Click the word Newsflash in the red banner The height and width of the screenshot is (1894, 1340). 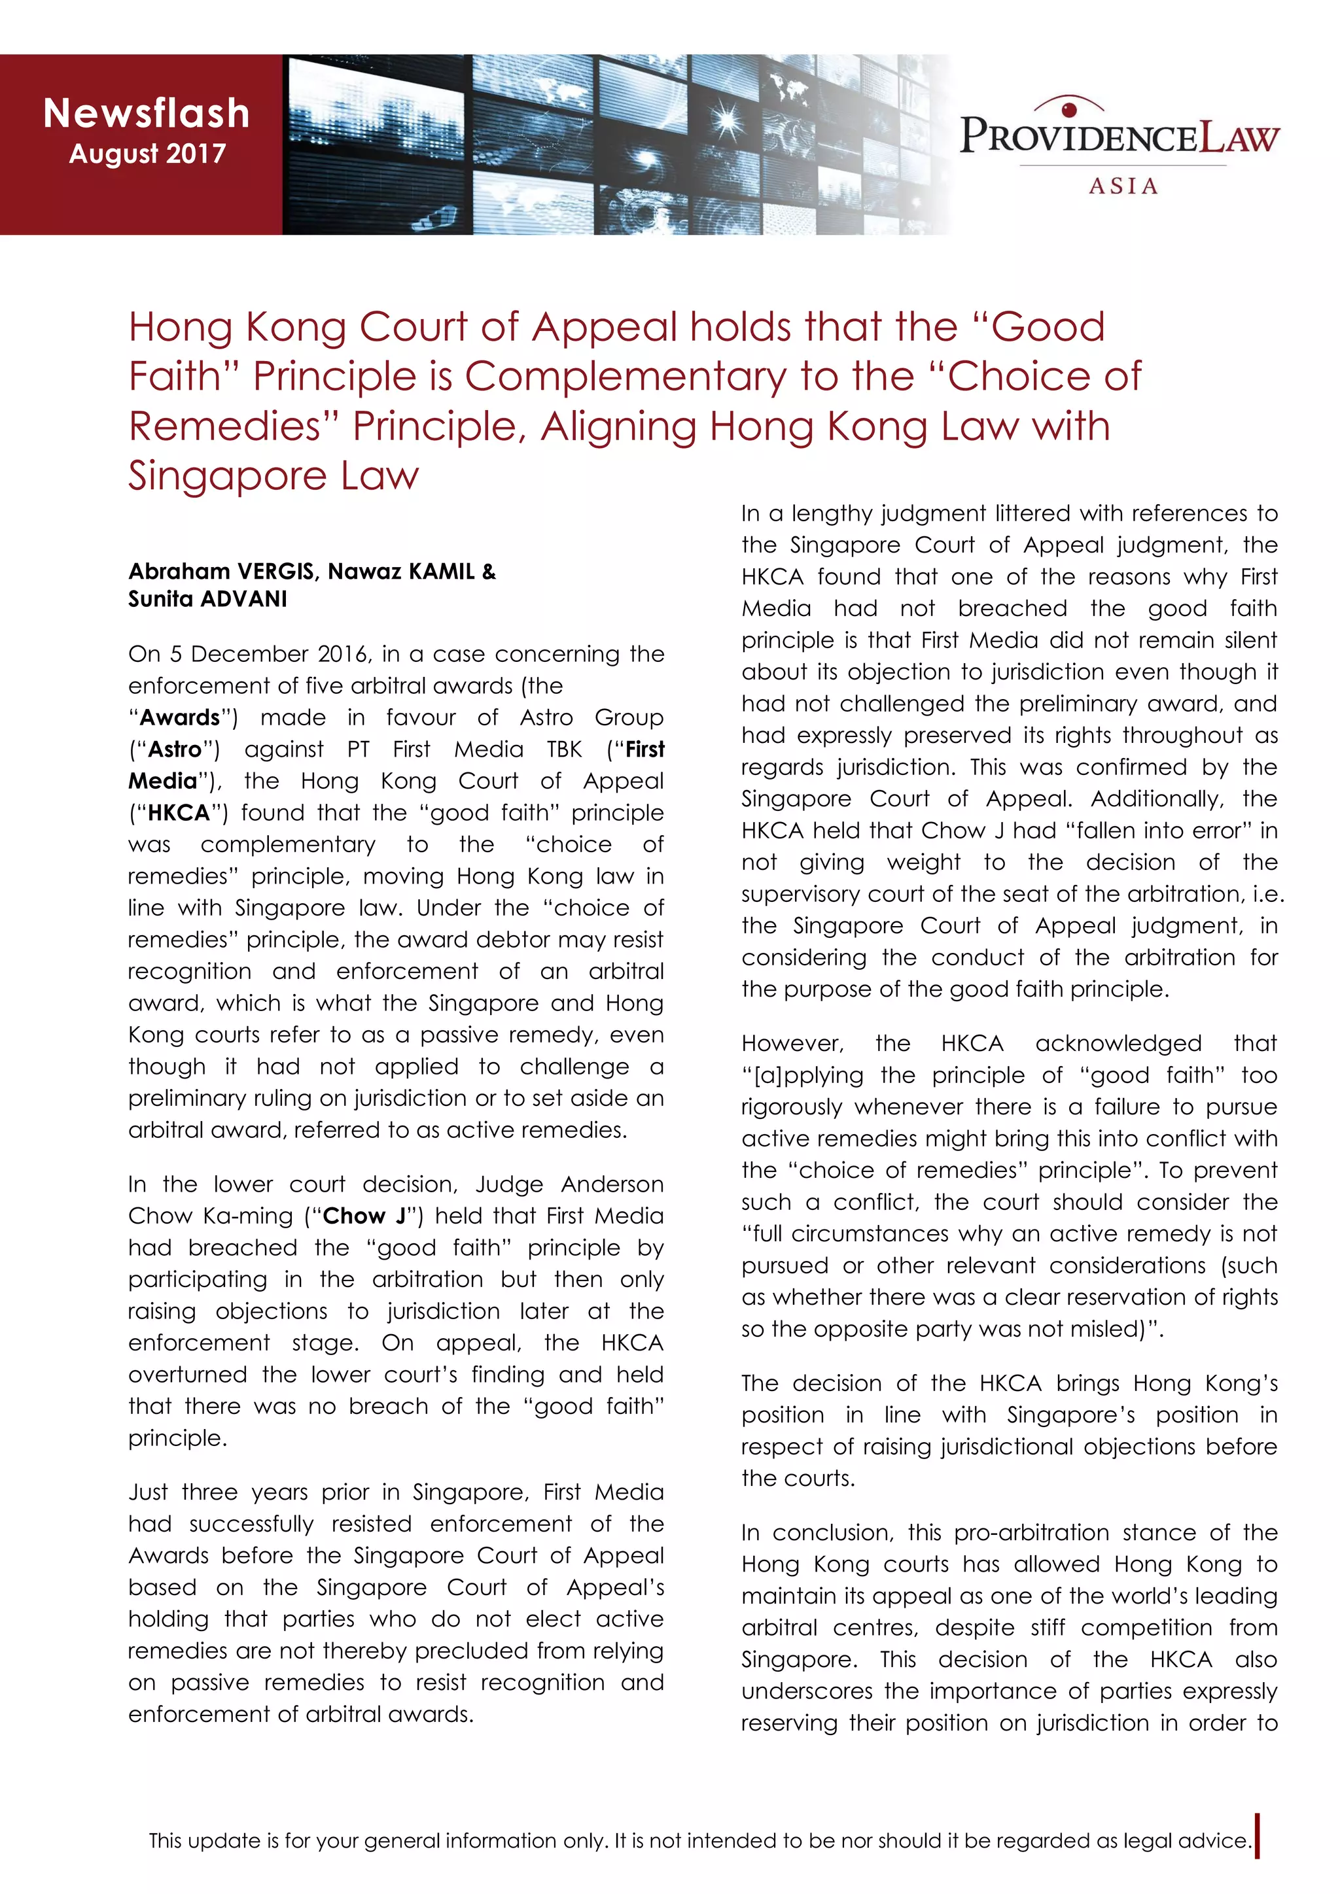(146, 113)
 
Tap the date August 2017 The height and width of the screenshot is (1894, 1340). (147, 154)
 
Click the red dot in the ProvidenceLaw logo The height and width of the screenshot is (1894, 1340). (1069, 109)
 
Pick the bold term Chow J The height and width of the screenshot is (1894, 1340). (364, 1216)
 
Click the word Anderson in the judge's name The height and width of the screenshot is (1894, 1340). (612, 1184)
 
